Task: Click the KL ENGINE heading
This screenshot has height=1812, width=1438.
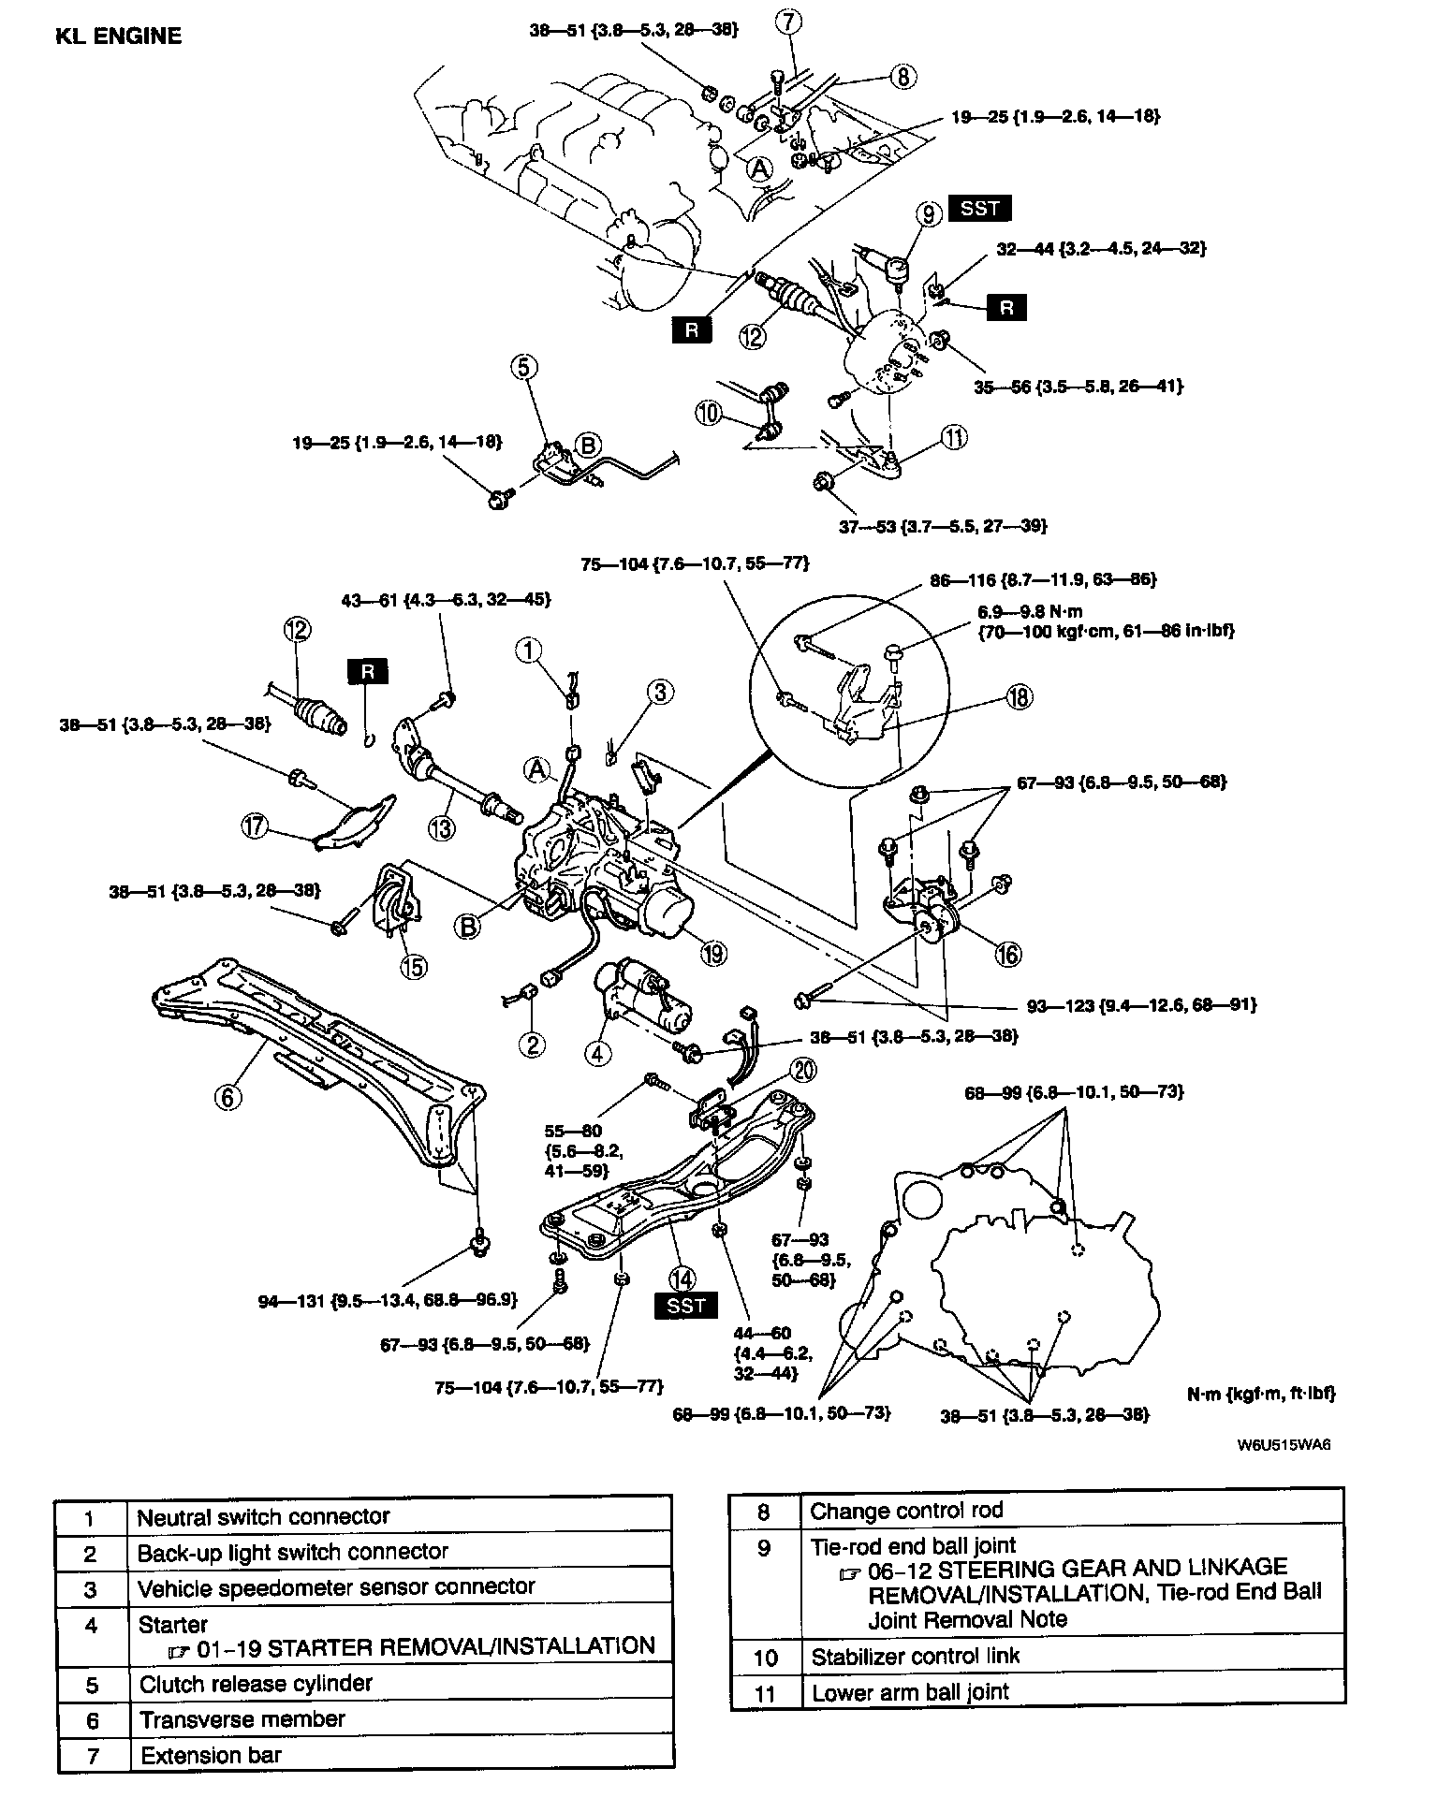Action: (118, 37)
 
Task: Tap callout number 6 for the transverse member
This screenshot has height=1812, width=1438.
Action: (227, 1096)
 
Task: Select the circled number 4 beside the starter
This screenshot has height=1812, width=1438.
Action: (596, 1053)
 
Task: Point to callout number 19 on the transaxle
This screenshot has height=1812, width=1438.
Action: (713, 954)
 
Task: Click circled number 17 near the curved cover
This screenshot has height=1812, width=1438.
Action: (255, 826)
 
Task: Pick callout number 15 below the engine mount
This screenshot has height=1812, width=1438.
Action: (412, 967)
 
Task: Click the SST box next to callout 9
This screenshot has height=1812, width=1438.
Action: (979, 208)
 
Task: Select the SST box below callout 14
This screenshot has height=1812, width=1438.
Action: (686, 1306)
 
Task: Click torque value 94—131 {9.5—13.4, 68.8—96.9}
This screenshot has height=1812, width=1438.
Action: (389, 1301)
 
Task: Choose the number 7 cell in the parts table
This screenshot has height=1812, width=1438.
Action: (92, 1756)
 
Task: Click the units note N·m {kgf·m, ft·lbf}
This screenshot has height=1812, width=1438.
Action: (1260, 1394)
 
